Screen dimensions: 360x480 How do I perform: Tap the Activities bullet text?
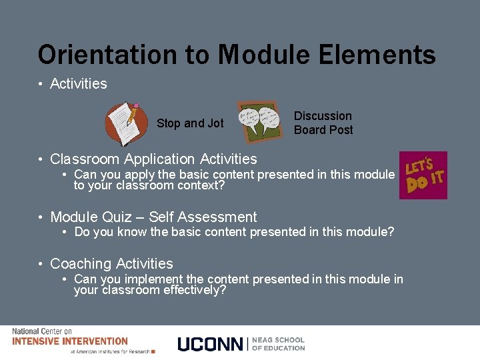[x=79, y=83]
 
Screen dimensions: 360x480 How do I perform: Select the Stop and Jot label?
[x=190, y=123]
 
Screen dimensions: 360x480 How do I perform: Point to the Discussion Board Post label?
[x=323, y=123]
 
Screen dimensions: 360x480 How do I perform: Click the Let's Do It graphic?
[x=423, y=175]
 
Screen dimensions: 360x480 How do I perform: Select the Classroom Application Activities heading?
[x=153, y=159]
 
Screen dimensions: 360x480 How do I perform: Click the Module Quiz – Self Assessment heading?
[x=153, y=217]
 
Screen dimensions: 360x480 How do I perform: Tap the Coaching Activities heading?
[x=111, y=263]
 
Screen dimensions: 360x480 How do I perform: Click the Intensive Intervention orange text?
[x=70, y=341]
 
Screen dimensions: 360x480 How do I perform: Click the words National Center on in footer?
[x=41, y=331]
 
